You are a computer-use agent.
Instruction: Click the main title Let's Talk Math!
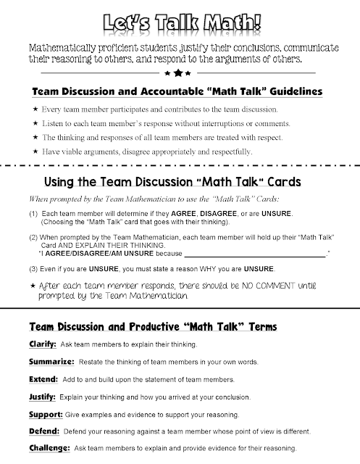click(x=180, y=20)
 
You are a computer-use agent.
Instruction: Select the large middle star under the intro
click(x=179, y=72)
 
